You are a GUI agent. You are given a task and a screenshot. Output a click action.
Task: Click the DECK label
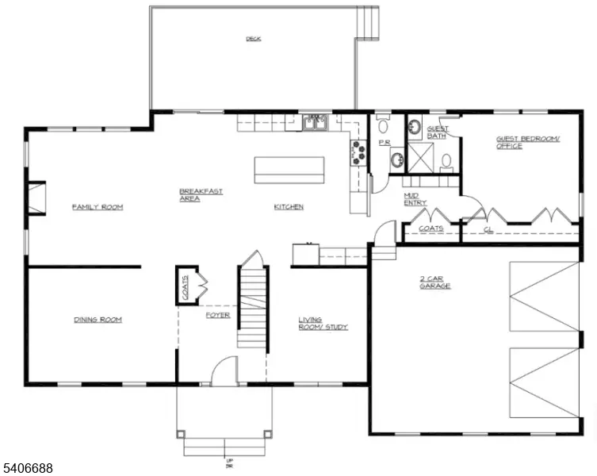coord(253,38)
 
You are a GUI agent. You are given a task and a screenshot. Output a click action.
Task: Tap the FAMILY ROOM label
coord(98,207)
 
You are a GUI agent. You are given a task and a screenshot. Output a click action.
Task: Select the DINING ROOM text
coord(98,320)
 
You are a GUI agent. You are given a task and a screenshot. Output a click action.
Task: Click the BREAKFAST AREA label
coord(200,195)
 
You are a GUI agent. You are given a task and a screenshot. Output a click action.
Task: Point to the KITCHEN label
coord(289,207)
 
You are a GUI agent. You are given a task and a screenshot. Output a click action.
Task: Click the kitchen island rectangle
coord(289,169)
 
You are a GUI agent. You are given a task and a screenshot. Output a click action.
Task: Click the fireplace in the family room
coord(36,198)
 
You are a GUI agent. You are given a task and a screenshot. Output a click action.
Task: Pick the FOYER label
coord(218,315)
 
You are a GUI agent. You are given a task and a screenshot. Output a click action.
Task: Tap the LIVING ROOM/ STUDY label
coord(322,324)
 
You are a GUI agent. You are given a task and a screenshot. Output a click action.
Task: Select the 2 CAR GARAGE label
coord(435,282)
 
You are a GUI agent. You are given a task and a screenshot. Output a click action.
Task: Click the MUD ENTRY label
coord(415,199)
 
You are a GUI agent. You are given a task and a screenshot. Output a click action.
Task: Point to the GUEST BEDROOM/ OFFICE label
coord(527,142)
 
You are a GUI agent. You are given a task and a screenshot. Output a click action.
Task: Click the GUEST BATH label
coord(437,132)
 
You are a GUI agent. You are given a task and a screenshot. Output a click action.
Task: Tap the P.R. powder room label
coord(383,144)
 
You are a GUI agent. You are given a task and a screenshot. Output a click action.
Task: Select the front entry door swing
coord(225,371)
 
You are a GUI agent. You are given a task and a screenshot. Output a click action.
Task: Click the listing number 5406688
coord(28,469)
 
